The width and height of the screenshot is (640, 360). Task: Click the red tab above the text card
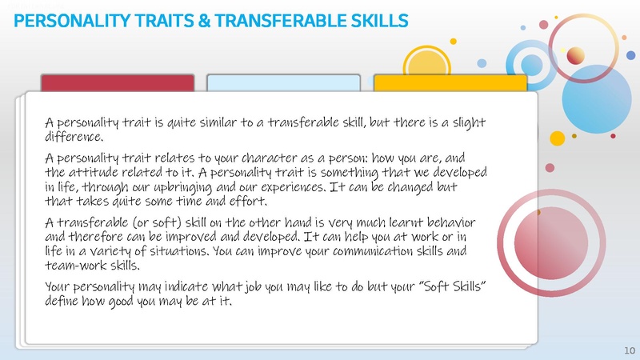click(117, 83)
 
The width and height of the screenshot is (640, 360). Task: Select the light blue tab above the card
click(283, 83)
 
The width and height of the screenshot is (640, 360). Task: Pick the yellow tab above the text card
click(450, 83)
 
